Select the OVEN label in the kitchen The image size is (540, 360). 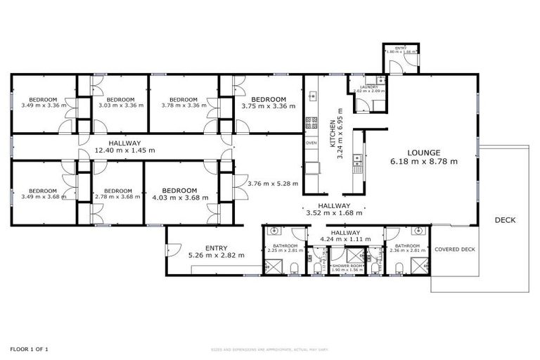[311, 143]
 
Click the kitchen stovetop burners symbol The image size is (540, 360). [310, 125]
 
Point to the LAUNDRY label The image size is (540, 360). [369, 87]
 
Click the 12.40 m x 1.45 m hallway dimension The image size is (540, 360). [124, 150]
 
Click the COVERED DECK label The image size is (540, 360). [455, 250]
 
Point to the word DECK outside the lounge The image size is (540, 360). [505, 220]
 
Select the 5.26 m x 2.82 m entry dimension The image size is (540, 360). [215, 255]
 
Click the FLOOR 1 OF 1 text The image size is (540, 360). [29, 349]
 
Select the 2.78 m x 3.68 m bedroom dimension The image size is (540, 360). [112, 197]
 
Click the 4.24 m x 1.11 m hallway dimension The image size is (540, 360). [345, 240]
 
